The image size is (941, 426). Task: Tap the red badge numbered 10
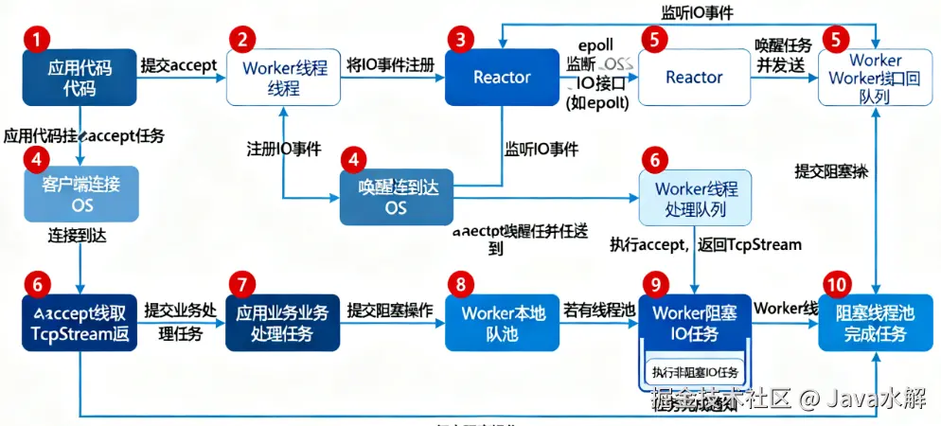click(836, 284)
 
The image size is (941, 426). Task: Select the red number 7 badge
click(243, 284)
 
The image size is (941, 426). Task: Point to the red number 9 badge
click(654, 284)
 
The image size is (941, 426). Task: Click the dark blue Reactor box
click(502, 78)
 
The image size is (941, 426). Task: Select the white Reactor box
click(694, 78)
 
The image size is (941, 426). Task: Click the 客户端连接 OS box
click(81, 194)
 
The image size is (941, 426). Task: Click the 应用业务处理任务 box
click(283, 324)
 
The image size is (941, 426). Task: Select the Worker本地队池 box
click(503, 324)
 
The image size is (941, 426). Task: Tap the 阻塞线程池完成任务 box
click(875, 324)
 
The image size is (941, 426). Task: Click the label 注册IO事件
click(283, 150)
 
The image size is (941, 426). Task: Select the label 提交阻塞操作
click(390, 310)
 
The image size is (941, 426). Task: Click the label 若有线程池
click(600, 310)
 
